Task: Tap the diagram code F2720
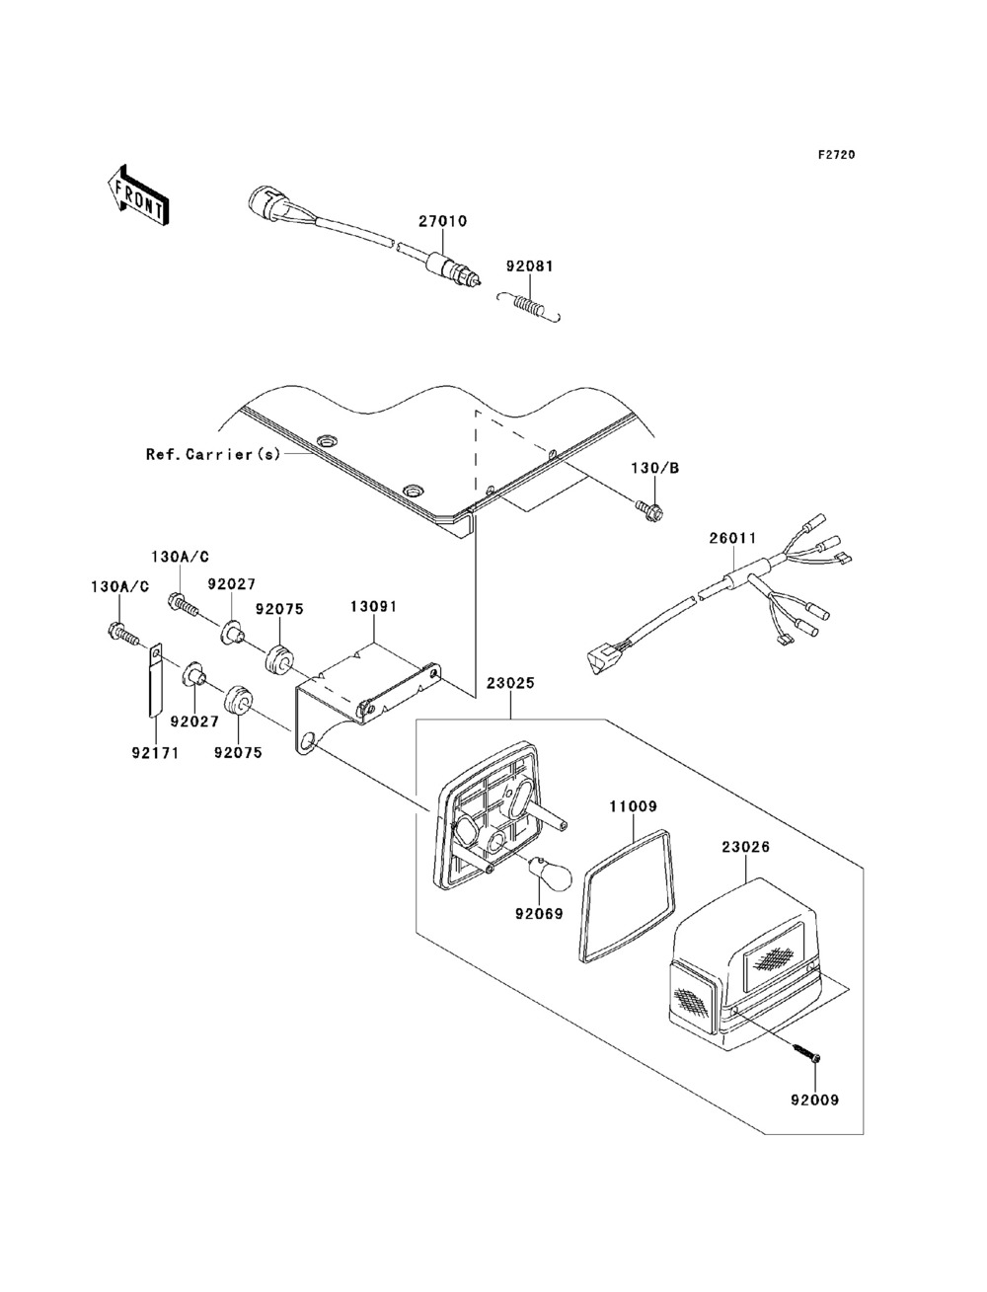click(x=836, y=155)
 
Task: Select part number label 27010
click(x=442, y=221)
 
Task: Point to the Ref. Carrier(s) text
click(x=213, y=454)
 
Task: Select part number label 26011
click(x=732, y=538)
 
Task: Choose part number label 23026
click(x=746, y=847)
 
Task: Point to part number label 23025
click(x=510, y=683)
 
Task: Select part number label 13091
click(x=373, y=607)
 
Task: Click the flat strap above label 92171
click(x=155, y=683)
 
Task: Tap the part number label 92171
click(x=155, y=753)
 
